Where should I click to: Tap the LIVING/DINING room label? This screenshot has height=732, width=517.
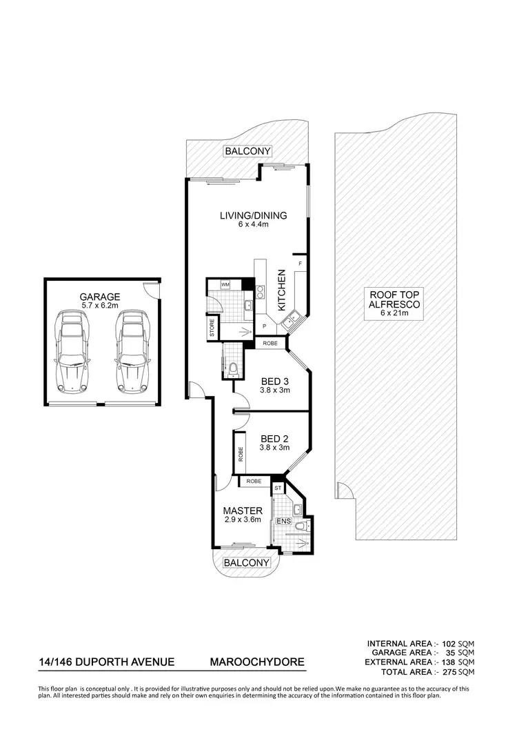(x=253, y=215)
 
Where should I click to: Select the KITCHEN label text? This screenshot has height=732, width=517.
(x=282, y=290)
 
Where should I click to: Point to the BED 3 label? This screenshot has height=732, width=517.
(x=274, y=382)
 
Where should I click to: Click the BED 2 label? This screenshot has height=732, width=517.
(x=274, y=439)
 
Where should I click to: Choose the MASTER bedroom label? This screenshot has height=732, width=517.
(x=242, y=511)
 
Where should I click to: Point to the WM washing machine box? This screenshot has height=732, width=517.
(x=225, y=284)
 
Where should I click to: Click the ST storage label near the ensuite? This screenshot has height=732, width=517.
(x=278, y=488)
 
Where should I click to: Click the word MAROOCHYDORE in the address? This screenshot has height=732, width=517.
(x=256, y=663)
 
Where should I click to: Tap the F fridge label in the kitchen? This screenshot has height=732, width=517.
(x=300, y=264)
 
